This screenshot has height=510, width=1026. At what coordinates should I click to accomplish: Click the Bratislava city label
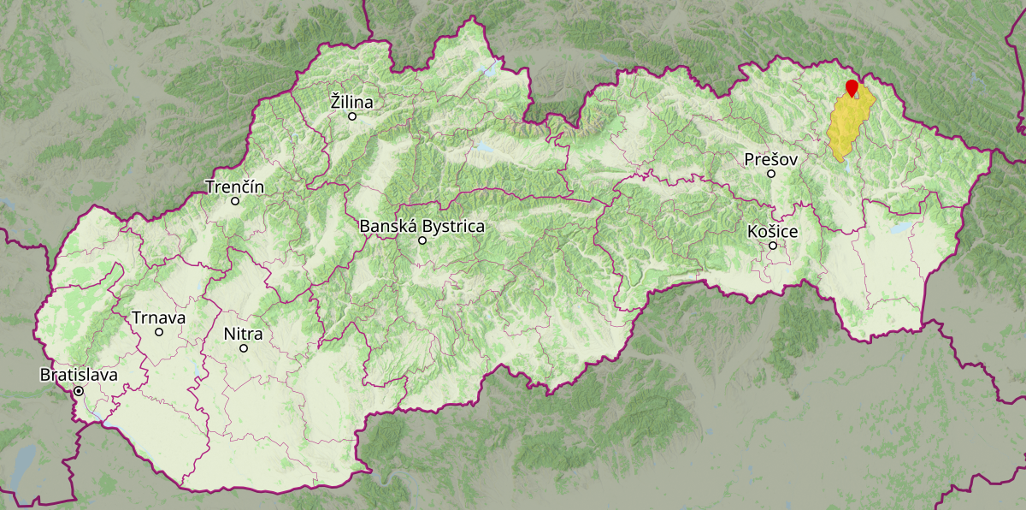[x=79, y=375]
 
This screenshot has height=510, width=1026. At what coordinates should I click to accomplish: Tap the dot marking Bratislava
[x=79, y=391]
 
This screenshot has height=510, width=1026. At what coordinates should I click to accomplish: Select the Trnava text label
[x=158, y=318]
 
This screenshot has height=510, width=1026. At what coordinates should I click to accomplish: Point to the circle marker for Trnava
[x=159, y=332]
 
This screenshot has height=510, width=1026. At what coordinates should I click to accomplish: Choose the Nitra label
[x=243, y=334]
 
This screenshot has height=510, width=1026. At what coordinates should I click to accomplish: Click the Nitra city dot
[x=244, y=348]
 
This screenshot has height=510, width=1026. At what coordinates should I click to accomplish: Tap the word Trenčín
[x=235, y=187]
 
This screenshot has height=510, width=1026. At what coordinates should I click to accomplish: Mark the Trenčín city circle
[x=235, y=201]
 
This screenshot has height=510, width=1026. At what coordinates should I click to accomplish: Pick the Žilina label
[x=351, y=102]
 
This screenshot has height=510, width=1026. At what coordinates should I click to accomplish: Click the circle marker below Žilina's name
[x=351, y=116]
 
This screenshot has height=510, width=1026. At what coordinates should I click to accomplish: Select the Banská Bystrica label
[x=422, y=227]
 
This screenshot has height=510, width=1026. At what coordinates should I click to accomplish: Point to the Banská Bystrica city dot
[x=422, y=240]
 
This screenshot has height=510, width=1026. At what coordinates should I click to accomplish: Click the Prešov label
[x=770, y=159]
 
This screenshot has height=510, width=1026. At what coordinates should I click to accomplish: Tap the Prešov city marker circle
[x=770, y=174]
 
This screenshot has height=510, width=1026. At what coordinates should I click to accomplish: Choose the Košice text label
[x=772, y=231]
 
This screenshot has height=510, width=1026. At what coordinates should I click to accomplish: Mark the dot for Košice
[x=773, y=246]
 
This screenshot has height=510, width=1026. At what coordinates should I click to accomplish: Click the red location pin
[x=852, y=87]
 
